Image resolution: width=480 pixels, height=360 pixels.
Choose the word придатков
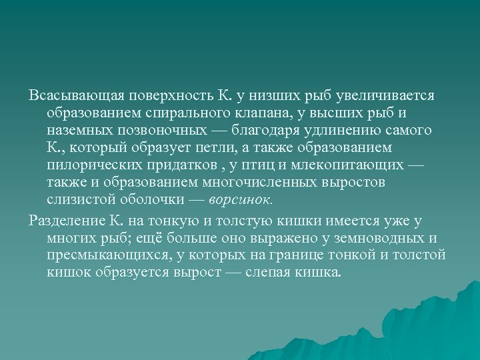point(191,164)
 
